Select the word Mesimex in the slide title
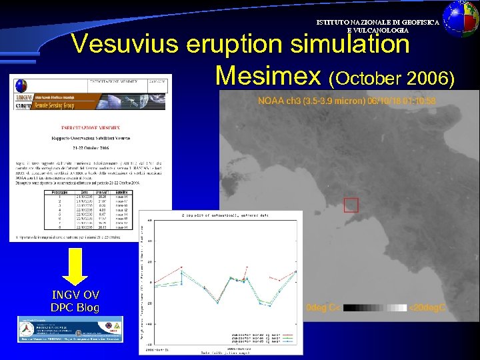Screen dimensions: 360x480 click(x=269, y=76)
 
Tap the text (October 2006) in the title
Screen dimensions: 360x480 click(x=392, y=79)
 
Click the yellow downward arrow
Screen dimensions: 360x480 click(x=76, y=266)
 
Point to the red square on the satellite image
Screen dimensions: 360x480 click(x=351, y=206)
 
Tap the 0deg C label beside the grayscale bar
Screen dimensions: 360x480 click(x=323, y=308)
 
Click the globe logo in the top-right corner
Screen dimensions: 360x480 click(x=461, y=17)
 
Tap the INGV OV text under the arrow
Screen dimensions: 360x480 click(x=76, y=295)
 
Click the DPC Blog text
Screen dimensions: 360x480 click(x=76, y=307)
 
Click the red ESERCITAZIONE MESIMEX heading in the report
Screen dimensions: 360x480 click(x=91, y=125)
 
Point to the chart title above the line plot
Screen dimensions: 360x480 click(x=220, y=215)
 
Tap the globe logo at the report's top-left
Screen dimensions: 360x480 click(x=21, y=85)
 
